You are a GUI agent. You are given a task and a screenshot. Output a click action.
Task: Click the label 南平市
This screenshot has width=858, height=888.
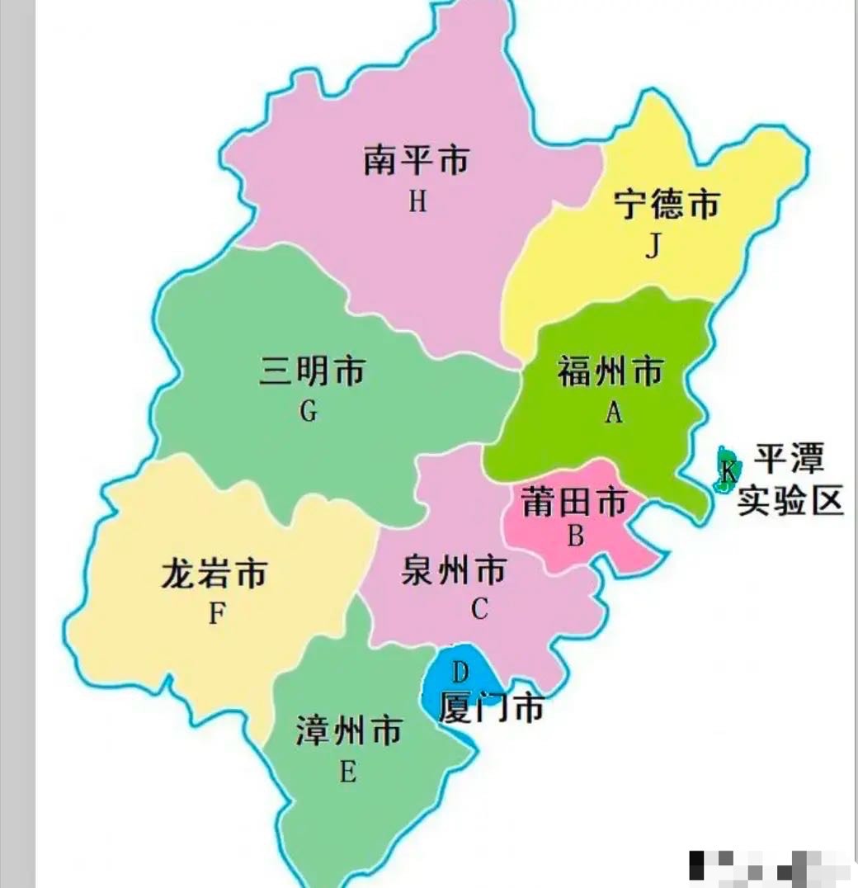click(x=416, y=159)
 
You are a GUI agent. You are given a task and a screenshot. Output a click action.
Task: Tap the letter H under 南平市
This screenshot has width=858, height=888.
click(x=418, y=201)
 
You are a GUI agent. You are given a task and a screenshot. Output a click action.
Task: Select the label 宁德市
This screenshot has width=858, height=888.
click(x=667, y=205)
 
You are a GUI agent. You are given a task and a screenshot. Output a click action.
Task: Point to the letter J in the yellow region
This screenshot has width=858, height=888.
click(x=653, y=246)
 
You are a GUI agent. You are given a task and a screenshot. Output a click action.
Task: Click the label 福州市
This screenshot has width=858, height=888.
click(x=610, y=371)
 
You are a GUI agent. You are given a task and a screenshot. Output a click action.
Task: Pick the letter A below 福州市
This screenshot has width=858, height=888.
click(x=613, y=413)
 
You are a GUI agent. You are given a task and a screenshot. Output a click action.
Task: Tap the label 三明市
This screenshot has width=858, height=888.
click(x=312, y=371)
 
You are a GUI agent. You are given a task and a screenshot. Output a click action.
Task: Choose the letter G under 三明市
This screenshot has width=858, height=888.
click(x=309, y=411)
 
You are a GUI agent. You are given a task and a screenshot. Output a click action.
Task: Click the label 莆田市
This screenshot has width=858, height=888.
click(x=574, y=501)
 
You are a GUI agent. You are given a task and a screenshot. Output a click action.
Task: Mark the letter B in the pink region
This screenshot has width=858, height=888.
click(x=575, y=536)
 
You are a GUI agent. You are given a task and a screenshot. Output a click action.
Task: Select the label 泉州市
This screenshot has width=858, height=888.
click(x=454, y=569)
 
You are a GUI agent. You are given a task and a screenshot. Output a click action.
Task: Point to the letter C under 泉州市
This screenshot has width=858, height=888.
click(x=479, y=609)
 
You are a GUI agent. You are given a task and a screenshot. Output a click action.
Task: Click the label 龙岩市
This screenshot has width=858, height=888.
click(x=214, y=573)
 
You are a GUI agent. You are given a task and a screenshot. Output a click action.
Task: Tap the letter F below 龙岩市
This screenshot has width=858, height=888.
click(x=217, y=613)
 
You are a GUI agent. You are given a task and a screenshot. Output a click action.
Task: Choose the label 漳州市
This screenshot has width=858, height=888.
click(x=349, y=730)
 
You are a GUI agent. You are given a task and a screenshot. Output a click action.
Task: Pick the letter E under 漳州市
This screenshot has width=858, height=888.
click(x=347, y=772)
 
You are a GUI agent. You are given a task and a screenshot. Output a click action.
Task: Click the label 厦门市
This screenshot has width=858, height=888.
click(x=492, y=707)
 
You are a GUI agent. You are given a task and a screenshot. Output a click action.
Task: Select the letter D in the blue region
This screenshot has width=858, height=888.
click(x=460, y=672)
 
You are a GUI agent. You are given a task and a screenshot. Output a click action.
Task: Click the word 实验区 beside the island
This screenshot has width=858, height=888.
click(x=790, y=500)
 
